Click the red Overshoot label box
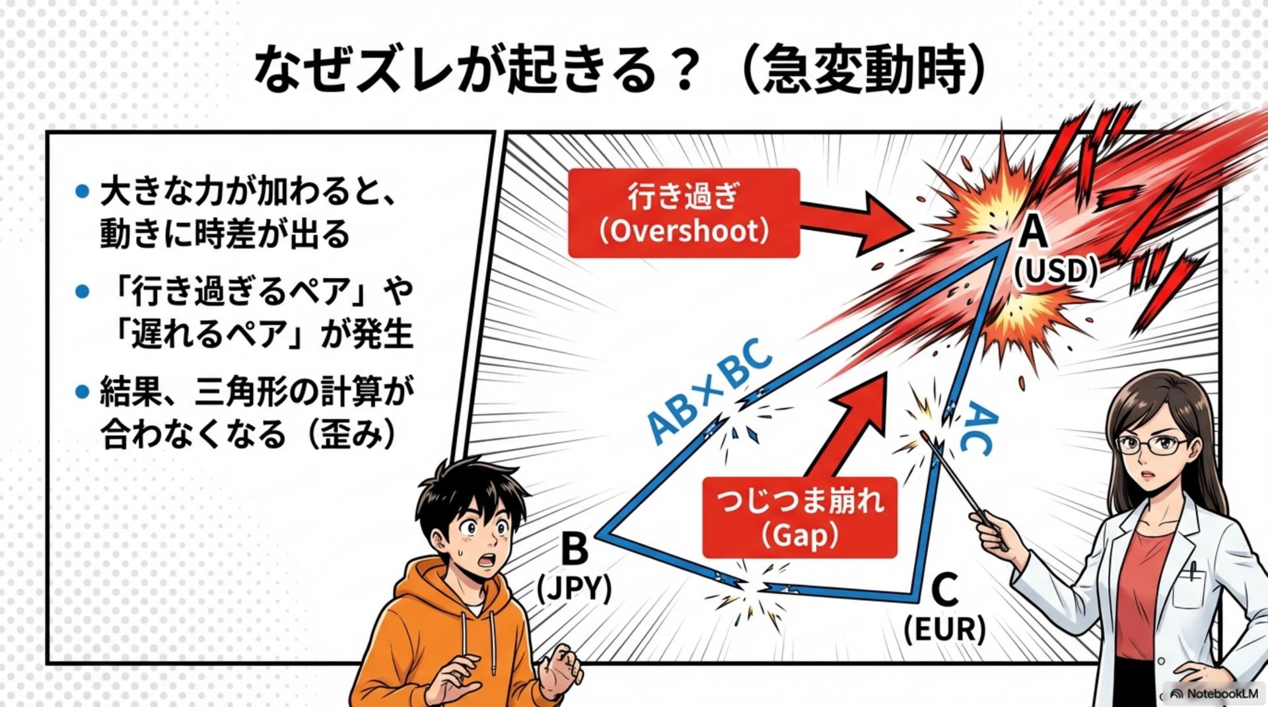point(684,213)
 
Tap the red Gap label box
point(799,518)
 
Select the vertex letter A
point(1034,232)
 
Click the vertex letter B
point(573,549)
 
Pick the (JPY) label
point(574,588)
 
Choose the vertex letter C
point(944,589)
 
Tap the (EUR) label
point(944,629)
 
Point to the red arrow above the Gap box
point(852,422)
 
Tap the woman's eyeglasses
point(1152,446)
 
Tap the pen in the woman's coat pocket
point(1192,570)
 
